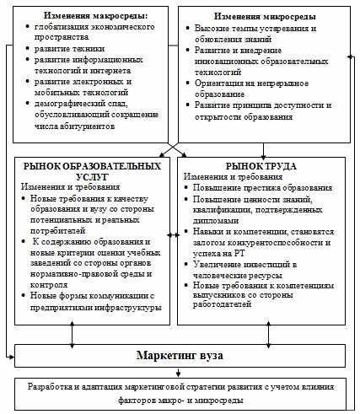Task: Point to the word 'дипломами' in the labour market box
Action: pyautogui.click(x=218, y=218)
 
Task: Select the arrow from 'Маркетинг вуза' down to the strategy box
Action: pyautogui.click(x=180, y=372)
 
